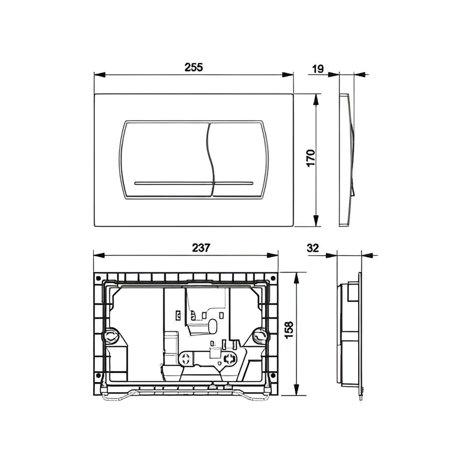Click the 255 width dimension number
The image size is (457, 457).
[194, 67]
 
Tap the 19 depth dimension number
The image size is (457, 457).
[318, 69]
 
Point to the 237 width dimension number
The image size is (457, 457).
[201, 248]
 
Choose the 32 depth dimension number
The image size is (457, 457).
[313, 248]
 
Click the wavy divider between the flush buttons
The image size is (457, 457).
[210, 158]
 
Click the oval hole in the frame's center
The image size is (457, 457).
[212, 326]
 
